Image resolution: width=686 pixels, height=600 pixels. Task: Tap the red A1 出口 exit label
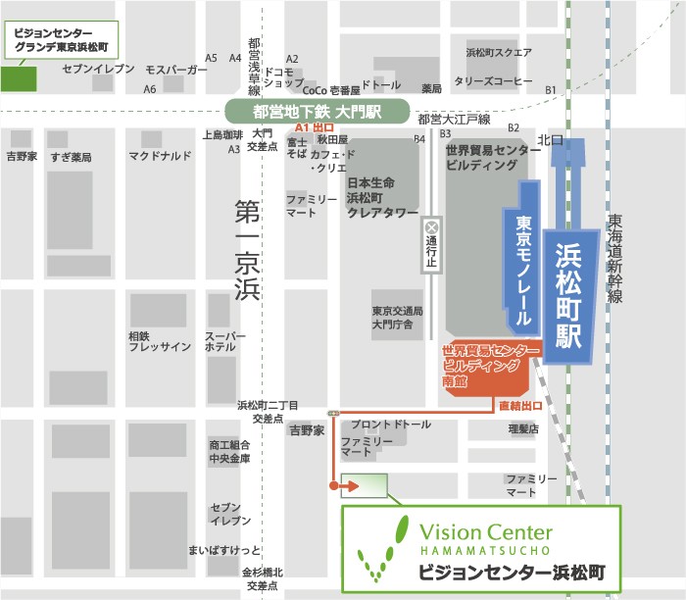point(316,128)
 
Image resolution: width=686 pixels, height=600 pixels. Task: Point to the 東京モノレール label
point(523,271)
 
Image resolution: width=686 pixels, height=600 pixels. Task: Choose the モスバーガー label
point(176,71)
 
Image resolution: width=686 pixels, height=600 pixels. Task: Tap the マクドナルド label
point(160,156)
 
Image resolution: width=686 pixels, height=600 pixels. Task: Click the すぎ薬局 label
point(71,157)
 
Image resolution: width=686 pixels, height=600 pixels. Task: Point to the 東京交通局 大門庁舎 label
point(397,316)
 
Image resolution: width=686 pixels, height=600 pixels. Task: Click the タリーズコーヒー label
point(493,80)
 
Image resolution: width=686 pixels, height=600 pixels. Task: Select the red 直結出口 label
point(518,404)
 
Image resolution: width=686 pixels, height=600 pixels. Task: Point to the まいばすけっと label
point(224,550)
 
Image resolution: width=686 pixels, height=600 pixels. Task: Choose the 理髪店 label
point(523,428)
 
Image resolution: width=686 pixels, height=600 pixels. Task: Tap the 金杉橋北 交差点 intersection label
point(262,578)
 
